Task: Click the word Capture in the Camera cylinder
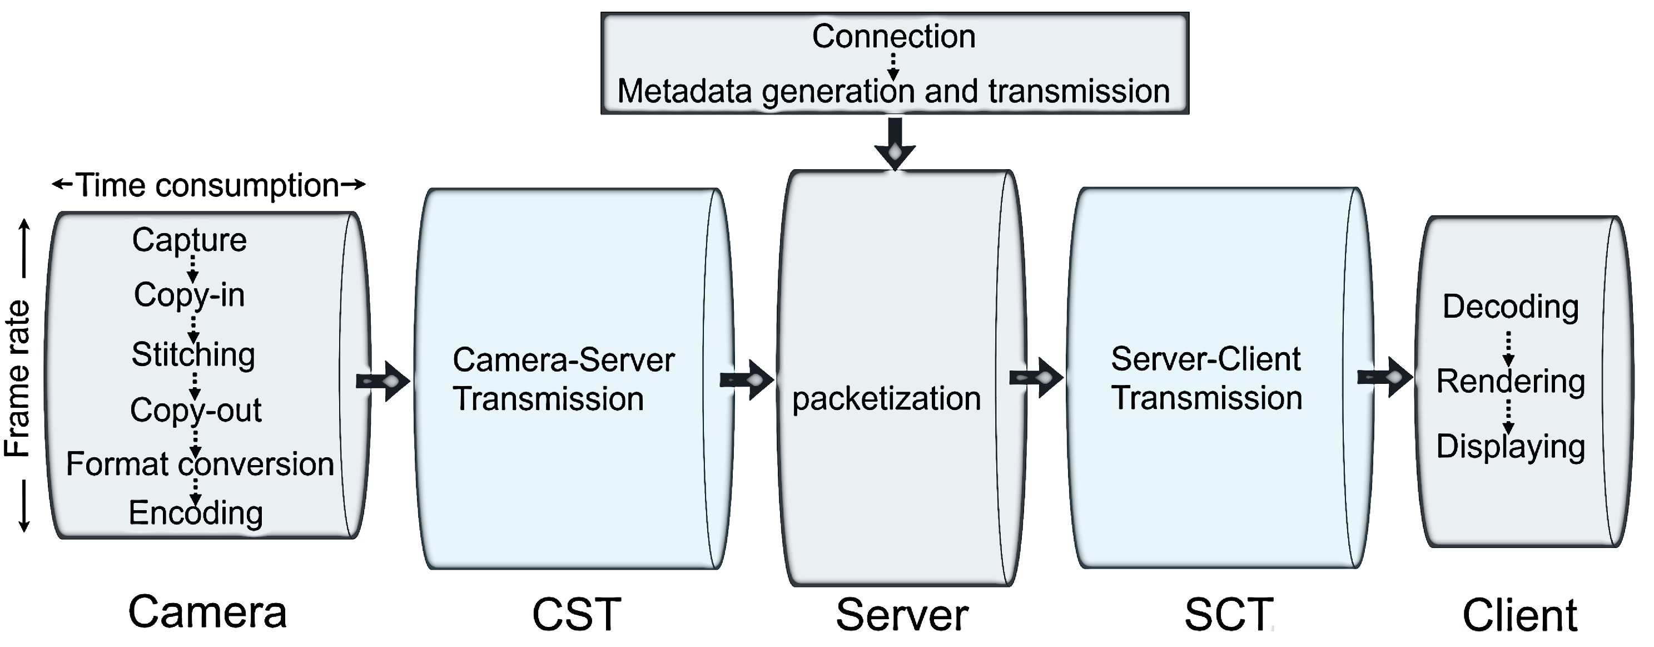click(x=190, y=240)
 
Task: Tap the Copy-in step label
click(x=190, y=295)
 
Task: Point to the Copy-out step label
click(x=196, y=410)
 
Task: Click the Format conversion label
click(x=200, y=464)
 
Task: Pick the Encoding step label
click(x=196, y=513)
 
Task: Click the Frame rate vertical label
click(x=18, y=379)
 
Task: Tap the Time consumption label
click(x=208, y=186)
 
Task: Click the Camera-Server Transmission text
click(x=563, y=379)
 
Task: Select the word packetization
click(x=886, y=398)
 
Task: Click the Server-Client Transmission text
click(x=1206, y=378)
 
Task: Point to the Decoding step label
click(x=1510, y=307)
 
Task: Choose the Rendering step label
click(x=1510, y=381)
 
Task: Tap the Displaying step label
click(x=1510, y=447)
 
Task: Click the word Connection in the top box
click(x=893, y=36)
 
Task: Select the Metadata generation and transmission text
click(x=893, y=91)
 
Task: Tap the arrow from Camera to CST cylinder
click(x=383, y=382)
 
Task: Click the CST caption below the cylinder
click(x=576, y=614)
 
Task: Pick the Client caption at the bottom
click(x=1519, y=615)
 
